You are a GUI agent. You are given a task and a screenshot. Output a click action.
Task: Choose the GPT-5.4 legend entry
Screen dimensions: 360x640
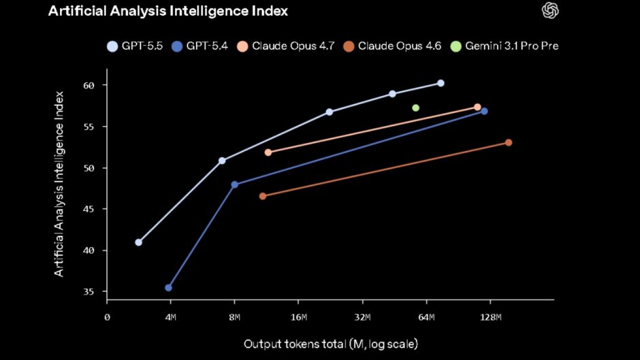[x=202, y=46]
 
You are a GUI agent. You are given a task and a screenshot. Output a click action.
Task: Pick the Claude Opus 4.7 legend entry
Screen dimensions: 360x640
[x=286, y=46]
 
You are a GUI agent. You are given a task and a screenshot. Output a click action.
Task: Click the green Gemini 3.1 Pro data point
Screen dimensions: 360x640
[x=415, y=108]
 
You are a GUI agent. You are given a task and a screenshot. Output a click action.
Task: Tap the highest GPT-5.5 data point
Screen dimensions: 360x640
[x=441, y=83]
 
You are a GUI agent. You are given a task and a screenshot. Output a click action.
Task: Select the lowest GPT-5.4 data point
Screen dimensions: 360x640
[x=168, y=288]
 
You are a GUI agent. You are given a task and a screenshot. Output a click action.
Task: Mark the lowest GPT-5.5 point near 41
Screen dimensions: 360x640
[x=139, y=242]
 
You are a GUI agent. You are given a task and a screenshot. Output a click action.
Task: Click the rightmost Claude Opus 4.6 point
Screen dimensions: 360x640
[x=509, y=142]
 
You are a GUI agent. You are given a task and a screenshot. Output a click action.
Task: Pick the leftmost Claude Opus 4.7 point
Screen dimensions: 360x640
[x=268, y=152]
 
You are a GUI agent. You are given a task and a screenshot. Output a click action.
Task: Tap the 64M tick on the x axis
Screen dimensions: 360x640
[x=427, y=318]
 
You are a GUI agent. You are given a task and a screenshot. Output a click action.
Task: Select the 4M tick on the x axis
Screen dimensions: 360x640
[x=170, y=318]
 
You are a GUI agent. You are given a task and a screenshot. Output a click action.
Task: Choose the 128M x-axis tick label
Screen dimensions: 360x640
[x=490, y=318]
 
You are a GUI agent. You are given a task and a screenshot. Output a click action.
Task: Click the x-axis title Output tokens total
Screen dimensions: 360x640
[x=331, y=344]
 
